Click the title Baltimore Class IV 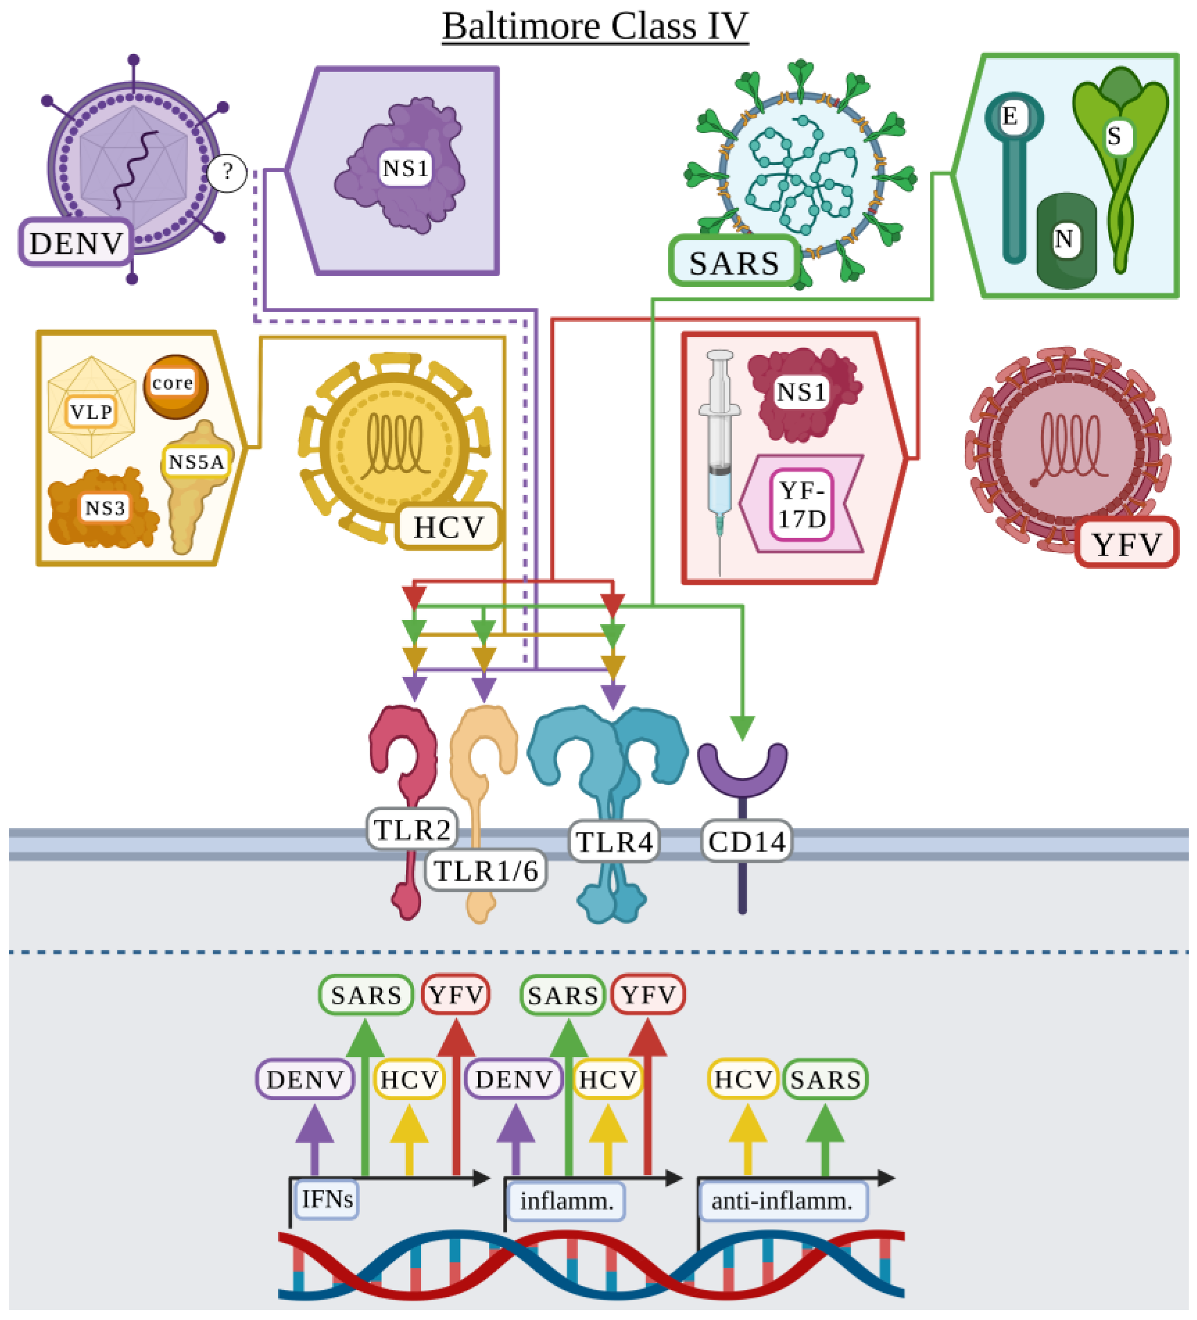[594, 26]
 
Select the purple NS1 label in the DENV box [406, 169]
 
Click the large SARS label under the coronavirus [733, 263]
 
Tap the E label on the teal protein [1009, 117]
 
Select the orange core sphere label [173, 383]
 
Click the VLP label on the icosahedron [92, 412]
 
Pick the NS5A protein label [196, 462]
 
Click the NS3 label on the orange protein [105, 508]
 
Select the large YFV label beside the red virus [1126, 545]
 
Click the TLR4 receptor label [614, 842]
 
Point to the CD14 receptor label [747, 842]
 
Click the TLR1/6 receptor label [486, 872]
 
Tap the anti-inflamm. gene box [783, 1202]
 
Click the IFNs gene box [327, 1199]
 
